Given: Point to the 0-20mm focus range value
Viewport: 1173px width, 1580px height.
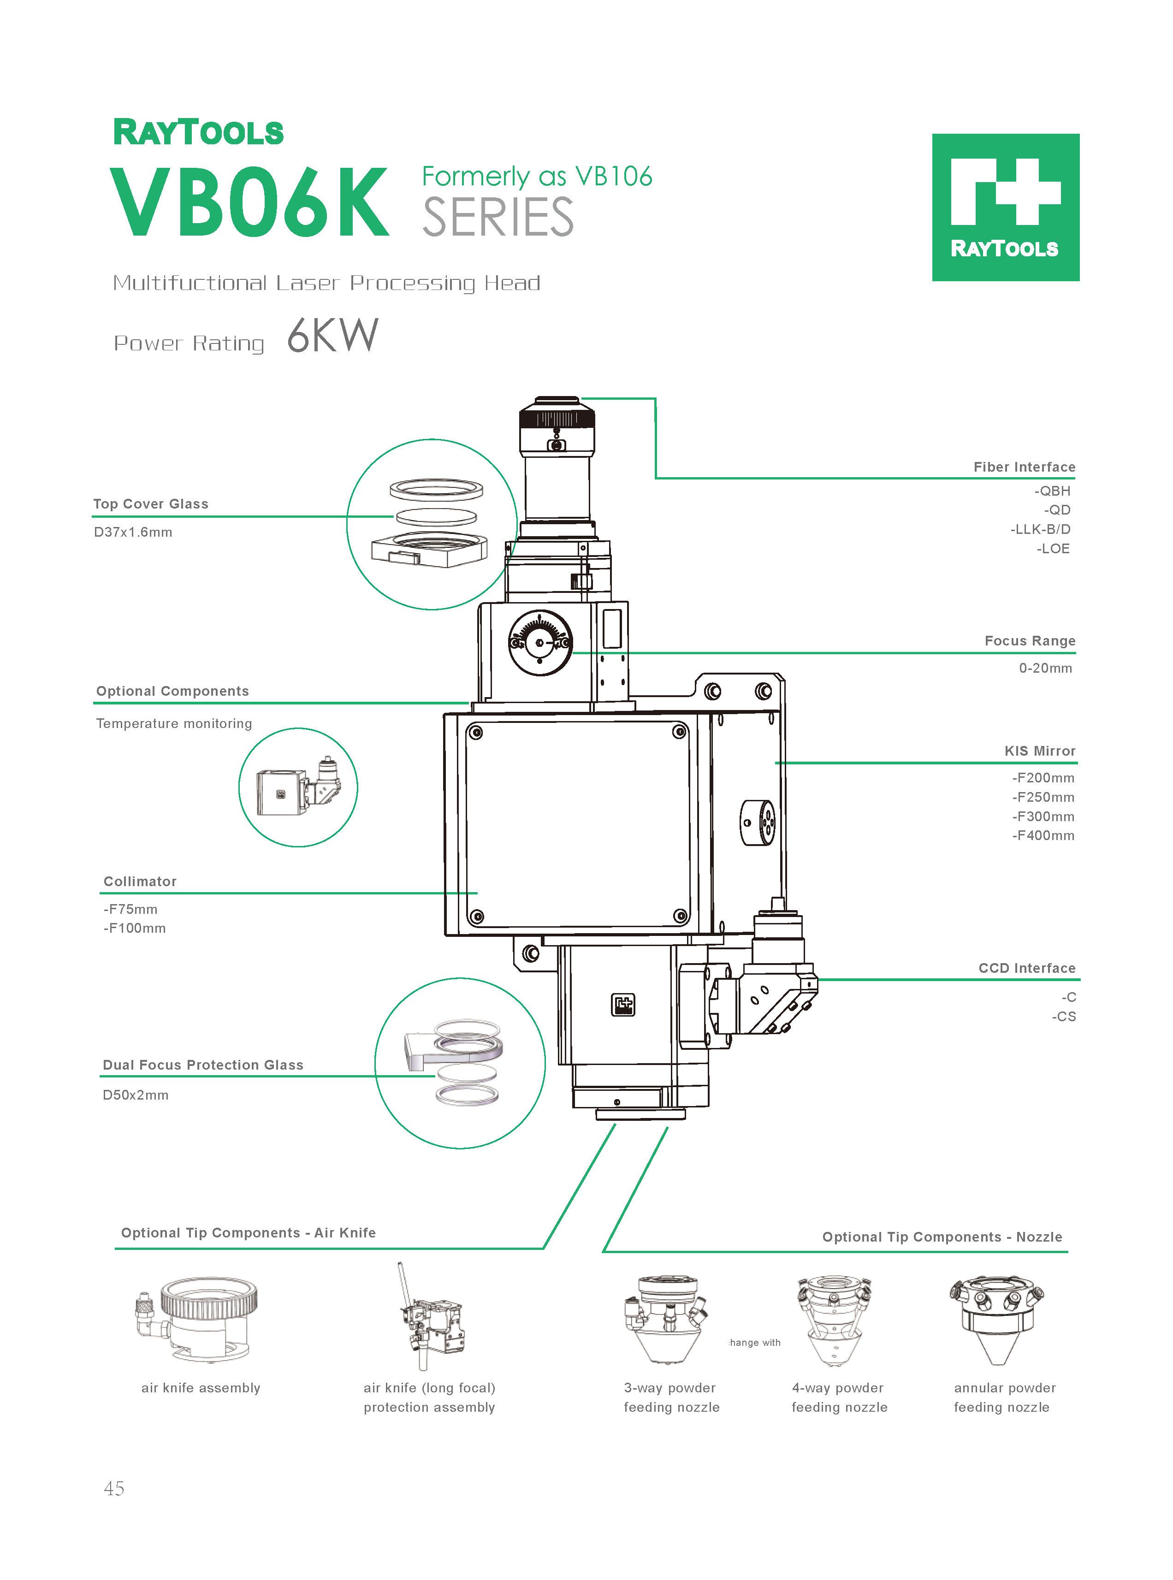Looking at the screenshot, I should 1045,668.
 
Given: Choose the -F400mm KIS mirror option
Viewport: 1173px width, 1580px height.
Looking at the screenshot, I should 1043,835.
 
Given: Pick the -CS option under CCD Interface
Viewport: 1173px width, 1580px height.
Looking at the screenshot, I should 1064,1017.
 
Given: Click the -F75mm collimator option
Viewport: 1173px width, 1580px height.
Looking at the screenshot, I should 130,909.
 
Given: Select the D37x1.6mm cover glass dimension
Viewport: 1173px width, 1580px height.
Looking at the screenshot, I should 133,533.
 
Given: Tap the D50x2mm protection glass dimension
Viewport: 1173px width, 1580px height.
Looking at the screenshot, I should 136,1095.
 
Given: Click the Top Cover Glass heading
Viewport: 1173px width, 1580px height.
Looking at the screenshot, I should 150,504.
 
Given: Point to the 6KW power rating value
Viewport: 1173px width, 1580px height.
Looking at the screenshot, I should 332,336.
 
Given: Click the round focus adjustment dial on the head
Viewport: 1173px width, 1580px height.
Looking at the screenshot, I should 539,642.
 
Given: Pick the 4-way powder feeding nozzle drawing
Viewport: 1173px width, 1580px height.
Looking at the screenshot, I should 834,1320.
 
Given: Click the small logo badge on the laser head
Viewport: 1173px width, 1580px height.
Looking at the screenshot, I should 623,1004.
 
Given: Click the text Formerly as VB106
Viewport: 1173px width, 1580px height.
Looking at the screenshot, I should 537,176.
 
